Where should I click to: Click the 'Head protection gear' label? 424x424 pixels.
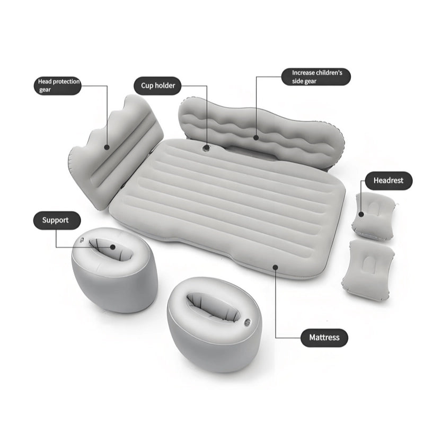58,85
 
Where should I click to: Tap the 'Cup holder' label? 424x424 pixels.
157,86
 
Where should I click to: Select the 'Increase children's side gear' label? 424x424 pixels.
316,77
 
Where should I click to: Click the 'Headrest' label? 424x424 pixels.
388,181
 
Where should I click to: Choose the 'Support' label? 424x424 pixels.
57,220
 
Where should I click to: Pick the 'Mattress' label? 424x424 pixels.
324,338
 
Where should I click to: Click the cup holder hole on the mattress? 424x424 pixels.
206,148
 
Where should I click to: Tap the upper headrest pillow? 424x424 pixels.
374,215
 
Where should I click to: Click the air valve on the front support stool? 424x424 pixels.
248,322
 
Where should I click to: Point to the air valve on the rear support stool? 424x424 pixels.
82,239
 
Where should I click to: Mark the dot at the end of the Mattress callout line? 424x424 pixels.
275,268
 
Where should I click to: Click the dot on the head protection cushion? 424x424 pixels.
107,147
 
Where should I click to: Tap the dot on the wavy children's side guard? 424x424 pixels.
256,138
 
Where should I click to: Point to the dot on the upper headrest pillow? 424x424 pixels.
361,215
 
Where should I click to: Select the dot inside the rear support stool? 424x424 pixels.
113,247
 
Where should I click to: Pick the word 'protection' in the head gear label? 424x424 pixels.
66,82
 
